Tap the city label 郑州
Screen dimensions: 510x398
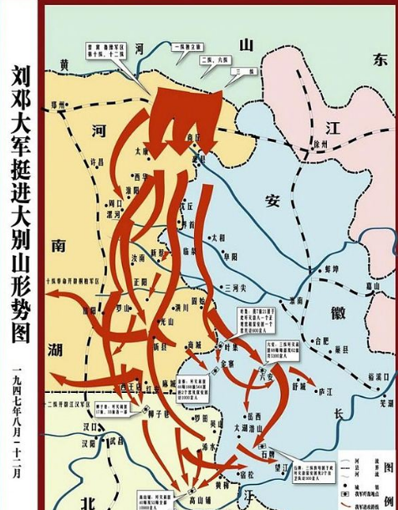coord(58,108)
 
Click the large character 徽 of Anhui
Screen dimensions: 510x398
coord(339,311)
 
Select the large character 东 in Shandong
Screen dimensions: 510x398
coord(380,60)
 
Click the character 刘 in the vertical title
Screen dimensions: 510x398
coord(22,79)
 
